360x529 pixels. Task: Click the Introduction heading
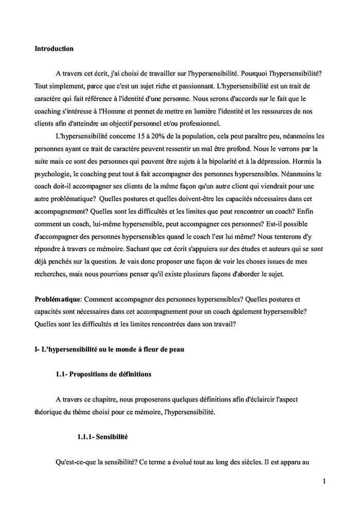coord(54,49)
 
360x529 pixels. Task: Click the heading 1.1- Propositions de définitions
coord(103,374)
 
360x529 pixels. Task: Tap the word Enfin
coord(314,211)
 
